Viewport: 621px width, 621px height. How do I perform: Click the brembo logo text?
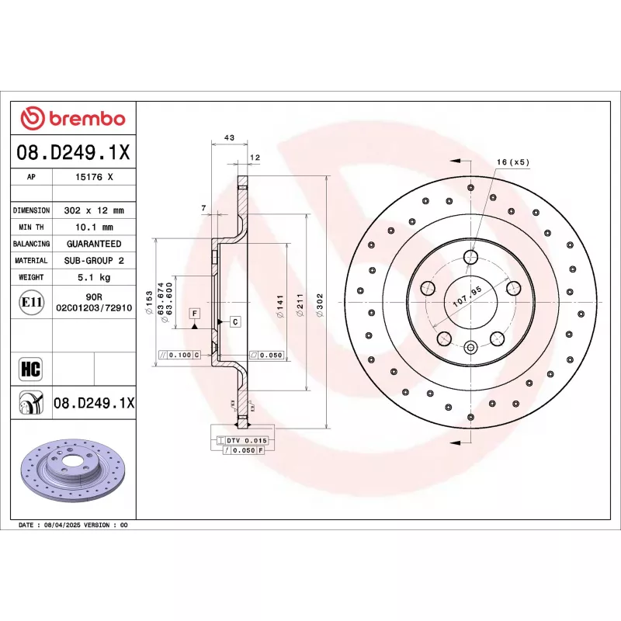(85, 119)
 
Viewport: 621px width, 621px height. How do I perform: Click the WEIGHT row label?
(31, 277)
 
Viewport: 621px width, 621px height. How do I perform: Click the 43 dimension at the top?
(229, 137)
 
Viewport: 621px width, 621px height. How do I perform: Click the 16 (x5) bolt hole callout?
(512, 162)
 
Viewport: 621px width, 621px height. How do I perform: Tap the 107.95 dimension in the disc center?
(467, 294)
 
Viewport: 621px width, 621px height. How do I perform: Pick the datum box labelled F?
(194, 313)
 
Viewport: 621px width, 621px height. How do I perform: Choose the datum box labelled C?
(234, 321)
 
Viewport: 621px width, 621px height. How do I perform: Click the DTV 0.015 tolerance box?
(243, 440)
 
